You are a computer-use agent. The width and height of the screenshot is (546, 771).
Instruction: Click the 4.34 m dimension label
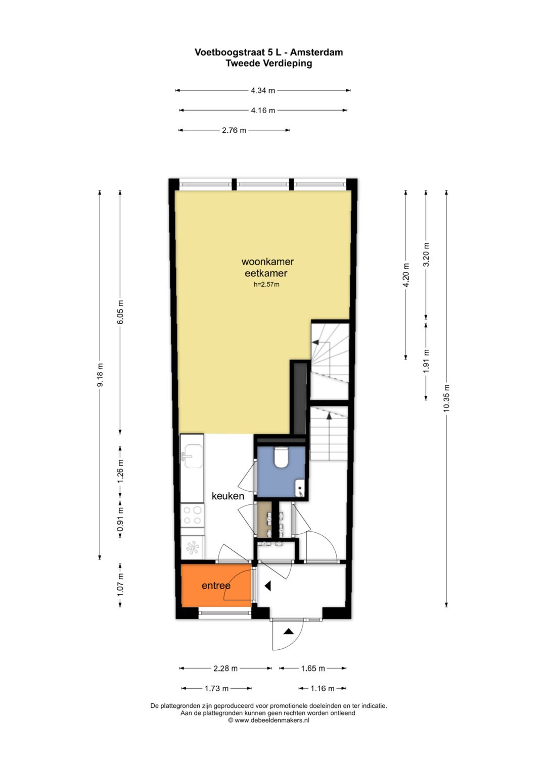pos(263,90)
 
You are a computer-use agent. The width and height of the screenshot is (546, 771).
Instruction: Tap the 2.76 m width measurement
pos(234,130)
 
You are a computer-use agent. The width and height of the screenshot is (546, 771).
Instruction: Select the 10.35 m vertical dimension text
pos(446,398)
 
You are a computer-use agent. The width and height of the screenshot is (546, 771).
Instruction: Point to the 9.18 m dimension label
pos(100,375)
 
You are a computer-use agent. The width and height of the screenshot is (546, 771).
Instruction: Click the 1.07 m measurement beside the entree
pos(120,585)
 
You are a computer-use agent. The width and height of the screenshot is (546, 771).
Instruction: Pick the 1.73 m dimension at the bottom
pos(216,688)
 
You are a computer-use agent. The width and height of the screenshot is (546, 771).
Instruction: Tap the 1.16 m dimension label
pos(323,688)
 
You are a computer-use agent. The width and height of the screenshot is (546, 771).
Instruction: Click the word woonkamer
pos(267,262)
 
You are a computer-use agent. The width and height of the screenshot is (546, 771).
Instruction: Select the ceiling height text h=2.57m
pos(266,284)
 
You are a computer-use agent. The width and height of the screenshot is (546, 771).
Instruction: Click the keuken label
pos(228,496)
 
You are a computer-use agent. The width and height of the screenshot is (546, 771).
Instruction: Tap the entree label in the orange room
pos(216,586)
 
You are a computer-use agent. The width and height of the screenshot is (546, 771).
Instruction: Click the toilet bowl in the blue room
pos(281,457)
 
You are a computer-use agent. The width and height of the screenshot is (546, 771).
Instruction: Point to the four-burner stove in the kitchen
pos(192,515)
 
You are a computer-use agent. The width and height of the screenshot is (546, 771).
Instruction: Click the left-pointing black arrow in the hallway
pos(267,586)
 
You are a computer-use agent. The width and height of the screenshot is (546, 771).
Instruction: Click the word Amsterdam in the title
pos(316,53)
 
